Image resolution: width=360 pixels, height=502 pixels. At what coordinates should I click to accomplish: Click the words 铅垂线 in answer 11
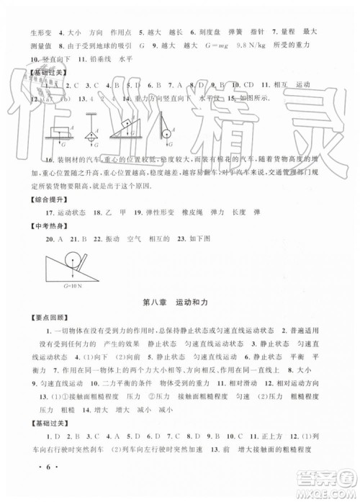tap(92, 60)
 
